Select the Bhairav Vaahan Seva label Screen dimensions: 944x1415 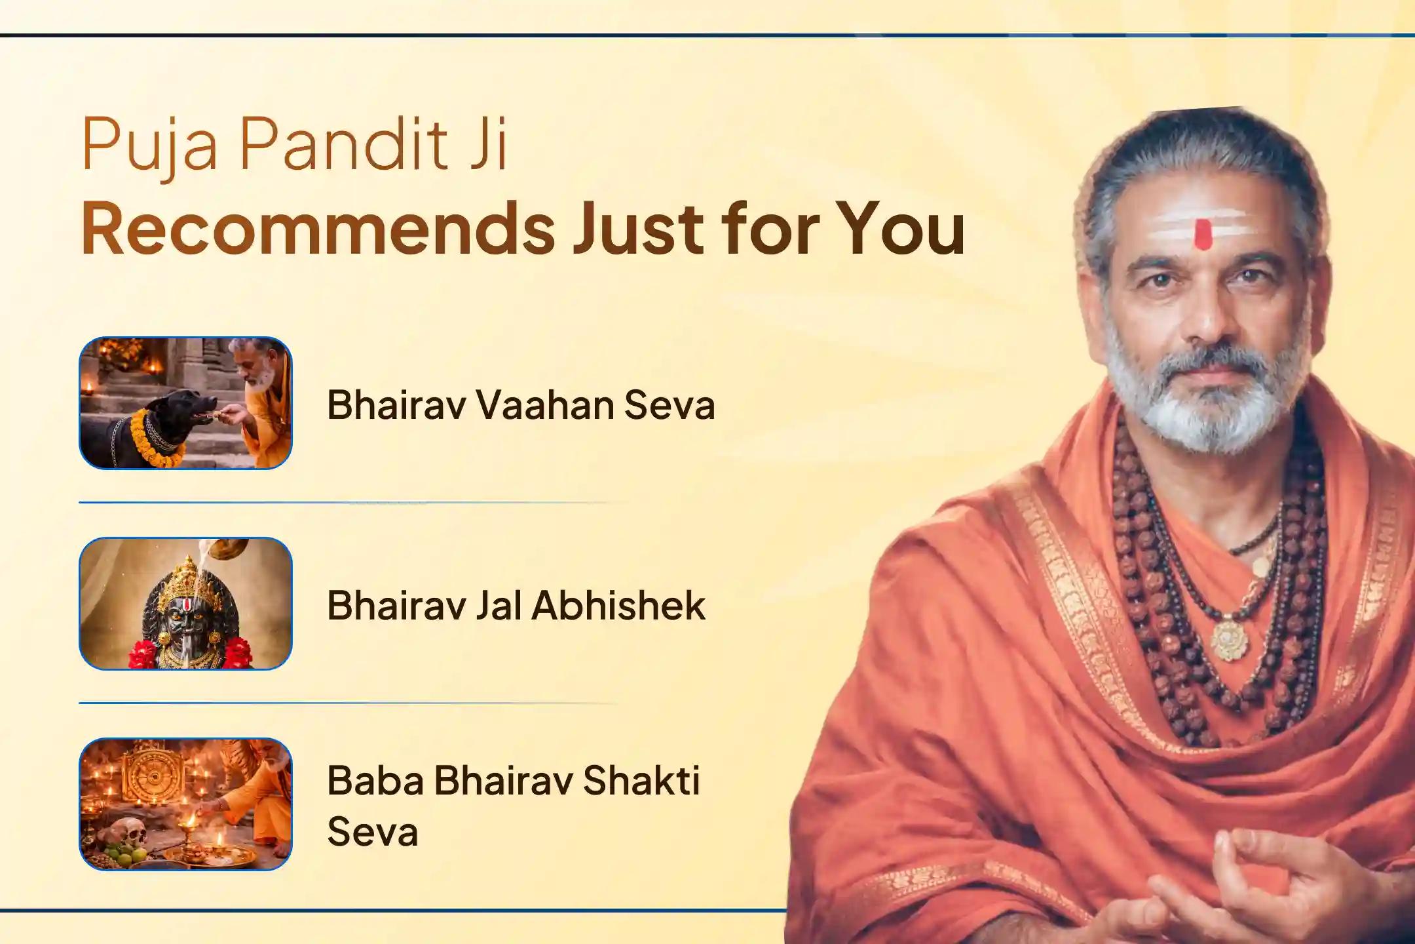521,404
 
